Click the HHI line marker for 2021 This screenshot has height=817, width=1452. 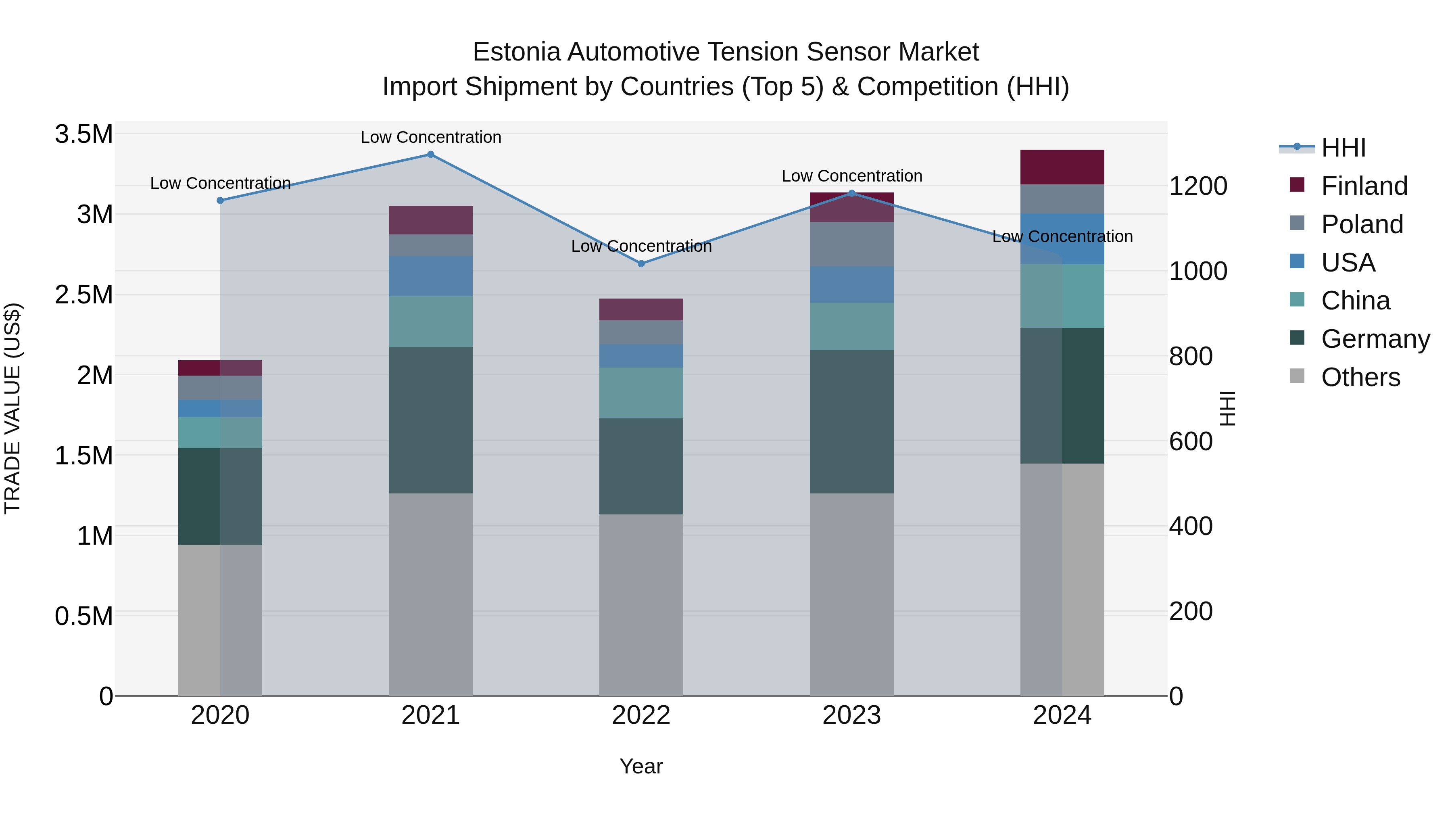point(431,155)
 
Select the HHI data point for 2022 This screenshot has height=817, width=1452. point(641,263)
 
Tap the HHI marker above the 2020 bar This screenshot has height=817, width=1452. point(220,200)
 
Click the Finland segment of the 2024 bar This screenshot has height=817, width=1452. point(1062,167)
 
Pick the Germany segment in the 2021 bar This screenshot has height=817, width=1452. point(431,420)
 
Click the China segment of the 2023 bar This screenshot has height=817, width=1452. point(852,326)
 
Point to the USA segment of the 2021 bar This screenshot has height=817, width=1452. point(431,276)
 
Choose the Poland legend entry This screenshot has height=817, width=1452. point(1361,224)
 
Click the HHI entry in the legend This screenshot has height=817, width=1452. point(1343,148)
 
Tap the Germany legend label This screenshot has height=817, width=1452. point(1375,339)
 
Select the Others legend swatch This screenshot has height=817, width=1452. point(1297,376)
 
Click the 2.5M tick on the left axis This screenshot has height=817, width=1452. point(84,295)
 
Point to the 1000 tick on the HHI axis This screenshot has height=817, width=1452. point(1198,271)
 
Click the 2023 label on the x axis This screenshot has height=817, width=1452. point(852,715)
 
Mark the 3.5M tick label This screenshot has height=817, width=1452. point(84,135)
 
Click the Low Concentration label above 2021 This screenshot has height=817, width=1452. point(431,137)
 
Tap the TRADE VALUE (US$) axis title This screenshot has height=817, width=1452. point(13,408)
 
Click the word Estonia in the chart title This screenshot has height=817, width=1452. point(516,52)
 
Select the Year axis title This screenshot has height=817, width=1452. point(641,766)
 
